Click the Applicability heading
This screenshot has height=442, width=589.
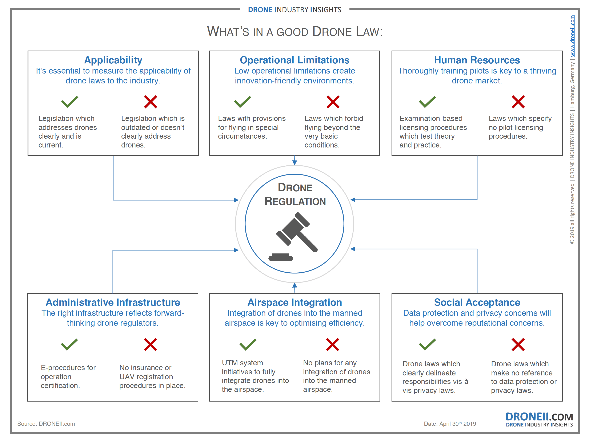click(x=113, y=60)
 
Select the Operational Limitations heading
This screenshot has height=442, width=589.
click(x=294, y=60)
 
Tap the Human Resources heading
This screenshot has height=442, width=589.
click(x=477, y=60)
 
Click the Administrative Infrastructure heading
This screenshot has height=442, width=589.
click(x=113, y=302)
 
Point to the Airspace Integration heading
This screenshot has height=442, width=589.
click(x=294, y=302)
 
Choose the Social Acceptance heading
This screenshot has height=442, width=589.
click(x=477, y=302)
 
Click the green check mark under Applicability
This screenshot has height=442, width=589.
click(x=69, y=102)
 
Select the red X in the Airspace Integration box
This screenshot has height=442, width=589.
click(x=333, y=344)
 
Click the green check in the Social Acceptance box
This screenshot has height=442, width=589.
click(x=427, y=344)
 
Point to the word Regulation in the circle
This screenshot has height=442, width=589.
click(x=295, y=201)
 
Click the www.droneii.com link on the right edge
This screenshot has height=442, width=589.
click(x=572, y=36)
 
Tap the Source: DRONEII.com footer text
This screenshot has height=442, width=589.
click(x=46, y=424)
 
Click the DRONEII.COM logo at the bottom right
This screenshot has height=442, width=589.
click(x=539, y=419)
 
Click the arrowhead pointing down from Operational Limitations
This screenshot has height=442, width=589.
click(x=294, y=162)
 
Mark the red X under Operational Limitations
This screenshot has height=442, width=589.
click(x=333, y=102)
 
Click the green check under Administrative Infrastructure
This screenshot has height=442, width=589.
click(x=69, y=344)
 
